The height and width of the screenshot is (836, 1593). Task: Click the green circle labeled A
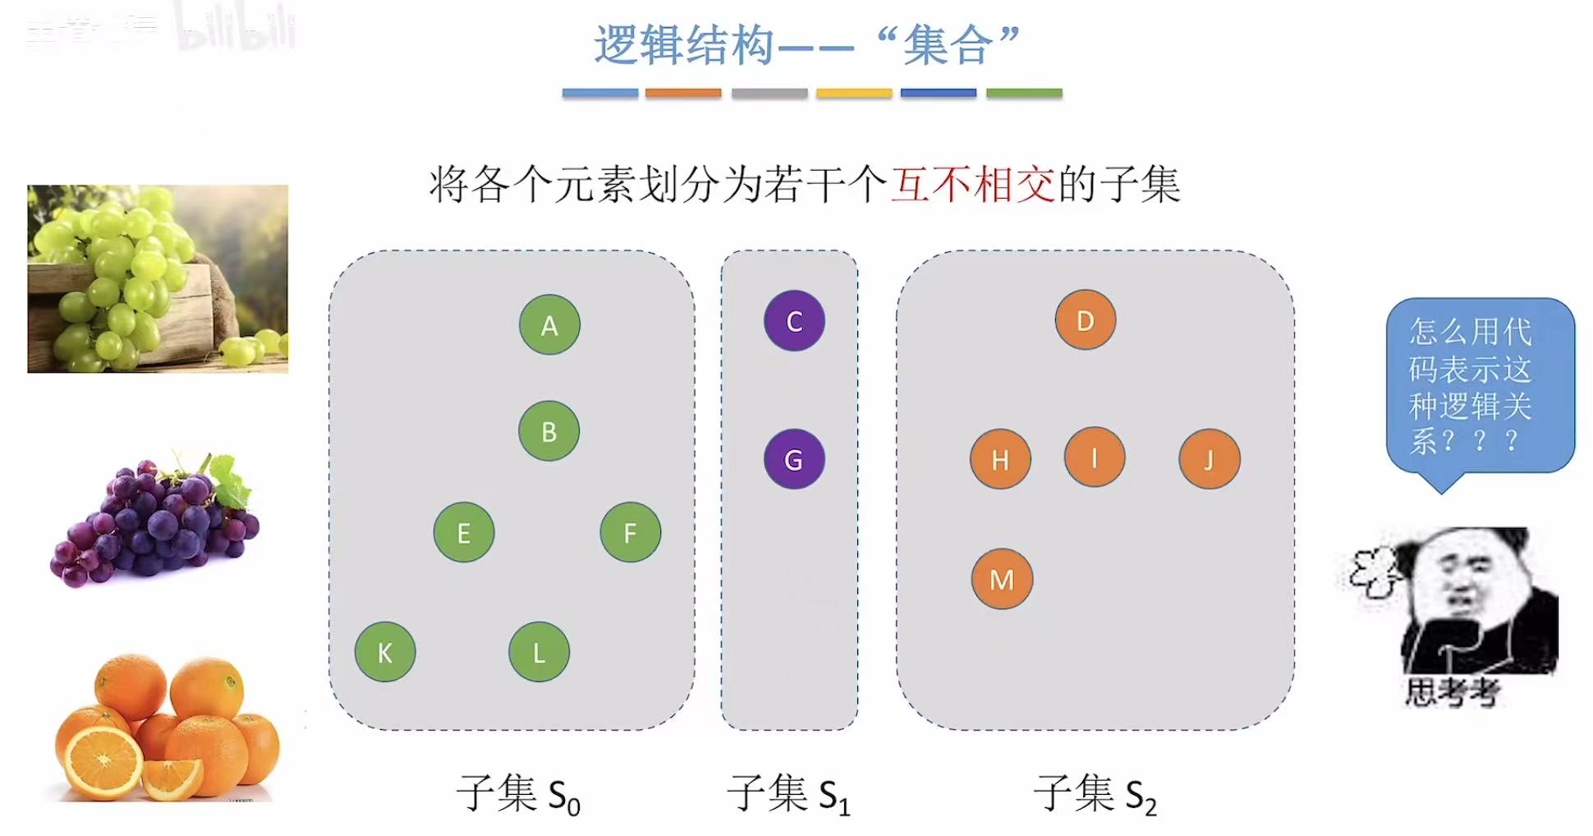coord(549,324)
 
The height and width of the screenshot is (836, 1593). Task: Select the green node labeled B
coord(549,430)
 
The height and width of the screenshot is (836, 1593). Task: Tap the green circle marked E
coord(464,532)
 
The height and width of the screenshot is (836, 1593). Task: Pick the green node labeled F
coord(630,532)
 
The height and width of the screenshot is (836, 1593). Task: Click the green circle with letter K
coord(385,652)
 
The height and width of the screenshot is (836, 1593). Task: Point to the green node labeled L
coord(539,652)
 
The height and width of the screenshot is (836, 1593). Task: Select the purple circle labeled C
coord(794,320)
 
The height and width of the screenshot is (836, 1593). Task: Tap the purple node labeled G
coord(794,459)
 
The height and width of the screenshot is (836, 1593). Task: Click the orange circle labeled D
coord(1085,319)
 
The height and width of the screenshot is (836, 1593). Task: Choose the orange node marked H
coord(999,459)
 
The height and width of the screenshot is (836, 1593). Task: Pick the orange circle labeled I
coord(1094,457)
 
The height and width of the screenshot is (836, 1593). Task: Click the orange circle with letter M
coord(1002,579)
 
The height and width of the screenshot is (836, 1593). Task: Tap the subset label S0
coord(518,794)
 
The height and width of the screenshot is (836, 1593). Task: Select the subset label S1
coord(788,794)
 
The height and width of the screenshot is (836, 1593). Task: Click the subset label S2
coord(1095,794)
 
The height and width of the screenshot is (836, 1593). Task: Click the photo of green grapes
coord(158,278)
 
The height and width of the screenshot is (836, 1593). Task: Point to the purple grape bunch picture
coord(156,519)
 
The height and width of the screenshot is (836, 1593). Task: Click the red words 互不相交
coord(973,184)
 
